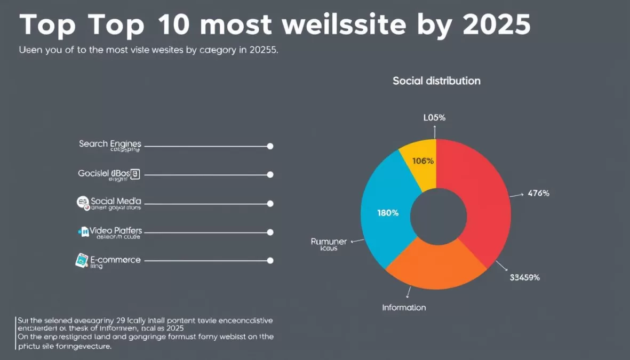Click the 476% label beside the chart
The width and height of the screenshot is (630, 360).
538,194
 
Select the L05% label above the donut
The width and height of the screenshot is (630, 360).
434,118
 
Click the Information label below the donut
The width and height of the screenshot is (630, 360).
404,308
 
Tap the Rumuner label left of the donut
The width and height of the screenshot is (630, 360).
329,242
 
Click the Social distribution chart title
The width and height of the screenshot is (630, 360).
436,81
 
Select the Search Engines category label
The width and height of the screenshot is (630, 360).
110,144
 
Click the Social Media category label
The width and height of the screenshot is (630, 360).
116,201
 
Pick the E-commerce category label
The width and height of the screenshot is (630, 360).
115,260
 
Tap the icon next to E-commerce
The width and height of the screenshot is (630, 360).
81,260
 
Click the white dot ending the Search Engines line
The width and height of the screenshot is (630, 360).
270,146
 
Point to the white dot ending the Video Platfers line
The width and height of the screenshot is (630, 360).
270,232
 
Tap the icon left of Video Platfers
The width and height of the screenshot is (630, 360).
83,231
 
